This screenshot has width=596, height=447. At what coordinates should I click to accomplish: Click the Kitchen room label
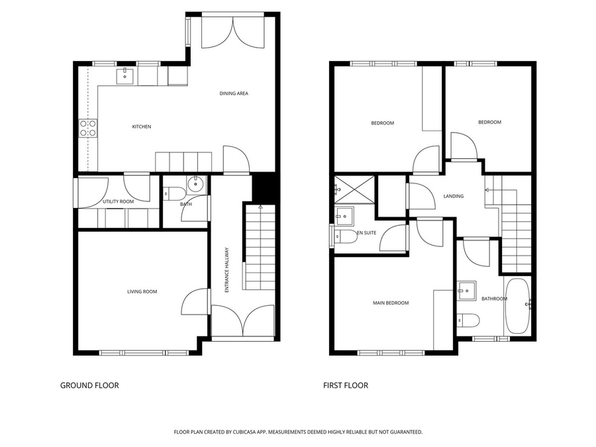[142, 126]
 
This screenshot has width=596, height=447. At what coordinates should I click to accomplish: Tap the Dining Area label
[234, 93]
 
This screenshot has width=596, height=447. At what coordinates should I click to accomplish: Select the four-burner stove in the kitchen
[88, 128]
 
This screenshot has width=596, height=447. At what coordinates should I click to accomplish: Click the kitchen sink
[124, 75]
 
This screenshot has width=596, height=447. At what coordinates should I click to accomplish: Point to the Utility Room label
[119, 201]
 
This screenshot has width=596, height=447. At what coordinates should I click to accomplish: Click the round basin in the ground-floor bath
[196, 185]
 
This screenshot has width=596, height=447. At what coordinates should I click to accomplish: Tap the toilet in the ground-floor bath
[174, 194]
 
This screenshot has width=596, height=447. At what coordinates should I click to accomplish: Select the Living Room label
[142, 291]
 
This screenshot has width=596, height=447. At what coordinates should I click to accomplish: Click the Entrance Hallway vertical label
[226, 270]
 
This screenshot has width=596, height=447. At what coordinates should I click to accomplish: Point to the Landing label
[454, 196]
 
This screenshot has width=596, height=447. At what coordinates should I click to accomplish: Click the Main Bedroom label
[391, 303]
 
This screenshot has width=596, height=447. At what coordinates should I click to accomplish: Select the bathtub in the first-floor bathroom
[517, 306]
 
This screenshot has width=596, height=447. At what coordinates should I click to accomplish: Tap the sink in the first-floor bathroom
[466, 291]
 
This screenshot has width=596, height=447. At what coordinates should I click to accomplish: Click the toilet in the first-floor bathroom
[468, 321]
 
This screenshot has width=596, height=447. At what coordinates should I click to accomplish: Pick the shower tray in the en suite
[354, 189]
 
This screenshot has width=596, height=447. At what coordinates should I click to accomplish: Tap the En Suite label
[367, 232]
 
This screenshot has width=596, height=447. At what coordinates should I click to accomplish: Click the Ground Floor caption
[89, 385]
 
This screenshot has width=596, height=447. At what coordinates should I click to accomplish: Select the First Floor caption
[346, 385]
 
